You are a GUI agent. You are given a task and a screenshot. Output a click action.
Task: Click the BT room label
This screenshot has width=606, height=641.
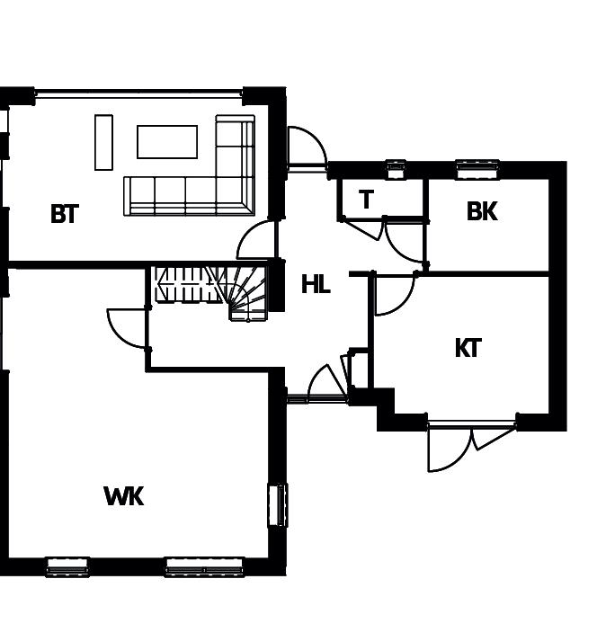[65, 214]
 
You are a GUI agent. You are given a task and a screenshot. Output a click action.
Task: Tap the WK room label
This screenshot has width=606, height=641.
[124, 496]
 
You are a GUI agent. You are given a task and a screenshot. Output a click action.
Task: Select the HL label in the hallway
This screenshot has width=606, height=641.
[316, 285]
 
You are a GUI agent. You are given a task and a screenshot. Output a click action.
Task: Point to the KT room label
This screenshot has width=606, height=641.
[468, 348]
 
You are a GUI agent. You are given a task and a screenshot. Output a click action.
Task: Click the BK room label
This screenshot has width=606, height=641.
[482, 211]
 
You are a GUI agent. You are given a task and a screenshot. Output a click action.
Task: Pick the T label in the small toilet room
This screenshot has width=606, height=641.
[366, 200]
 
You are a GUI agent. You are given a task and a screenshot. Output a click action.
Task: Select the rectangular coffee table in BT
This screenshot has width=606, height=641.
[166, 141]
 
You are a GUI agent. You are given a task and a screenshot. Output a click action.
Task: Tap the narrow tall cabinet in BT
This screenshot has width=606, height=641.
[103, 142]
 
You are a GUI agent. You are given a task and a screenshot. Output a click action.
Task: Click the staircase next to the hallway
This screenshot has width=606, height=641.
[211, 289]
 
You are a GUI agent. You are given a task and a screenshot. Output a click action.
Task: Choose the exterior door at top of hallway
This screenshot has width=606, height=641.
[306, 147]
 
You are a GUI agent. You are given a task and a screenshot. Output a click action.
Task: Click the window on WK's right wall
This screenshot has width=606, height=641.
[278, 504]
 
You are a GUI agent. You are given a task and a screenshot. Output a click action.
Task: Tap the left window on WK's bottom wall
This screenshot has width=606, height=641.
[67, 565]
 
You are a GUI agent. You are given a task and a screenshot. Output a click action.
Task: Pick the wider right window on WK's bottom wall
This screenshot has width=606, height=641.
[204, 565]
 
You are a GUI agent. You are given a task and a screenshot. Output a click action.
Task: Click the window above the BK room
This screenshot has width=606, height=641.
[477, 165]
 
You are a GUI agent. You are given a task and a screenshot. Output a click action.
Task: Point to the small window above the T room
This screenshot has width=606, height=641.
[396, 165]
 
